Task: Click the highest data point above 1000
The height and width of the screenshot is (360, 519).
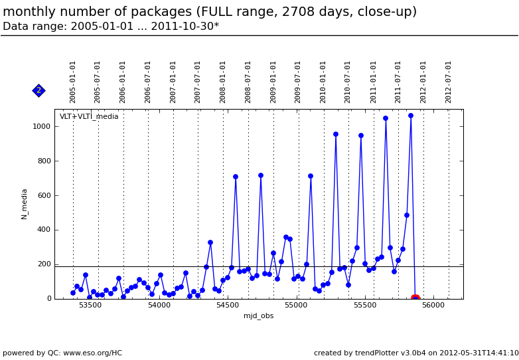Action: (x=411, y=116)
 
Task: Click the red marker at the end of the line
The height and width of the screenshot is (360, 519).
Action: (x=415, y=298)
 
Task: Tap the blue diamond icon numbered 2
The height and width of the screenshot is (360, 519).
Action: (x=38, y=90)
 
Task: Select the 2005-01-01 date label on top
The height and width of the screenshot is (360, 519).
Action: (x=73, y=82)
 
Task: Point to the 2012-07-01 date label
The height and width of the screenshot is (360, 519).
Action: (x=449, y=82)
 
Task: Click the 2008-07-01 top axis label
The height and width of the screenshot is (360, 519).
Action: (x=248, y=82)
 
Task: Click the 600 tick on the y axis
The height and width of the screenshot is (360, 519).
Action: (x=44, y=195)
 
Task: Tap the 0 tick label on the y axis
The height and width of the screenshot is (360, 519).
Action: (x=49, y=299)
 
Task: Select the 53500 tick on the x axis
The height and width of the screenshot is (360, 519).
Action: (x=90, y=306)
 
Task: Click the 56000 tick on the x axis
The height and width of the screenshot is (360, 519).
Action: (x=433, y=306)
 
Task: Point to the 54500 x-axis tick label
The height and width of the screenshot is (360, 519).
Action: (x=227, y=306)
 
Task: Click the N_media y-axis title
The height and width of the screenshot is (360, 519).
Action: (x=25, y=204)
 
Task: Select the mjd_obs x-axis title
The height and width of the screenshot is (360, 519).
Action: (x=258, y=316)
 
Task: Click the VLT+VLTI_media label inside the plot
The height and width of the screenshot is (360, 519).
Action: (x=89, y=117)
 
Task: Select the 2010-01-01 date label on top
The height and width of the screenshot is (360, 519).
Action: (x=323, y=82)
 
